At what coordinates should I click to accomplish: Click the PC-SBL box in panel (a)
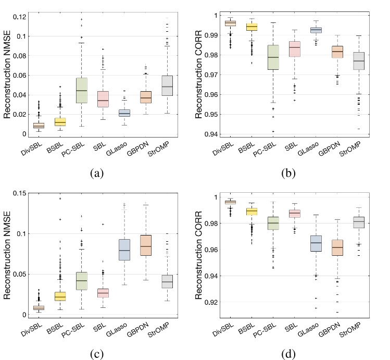[81, 90]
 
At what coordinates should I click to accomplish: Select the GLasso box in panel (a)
[124, 113]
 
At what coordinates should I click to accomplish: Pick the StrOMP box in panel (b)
[358, 61]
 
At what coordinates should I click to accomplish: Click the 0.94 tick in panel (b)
[210, 134]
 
